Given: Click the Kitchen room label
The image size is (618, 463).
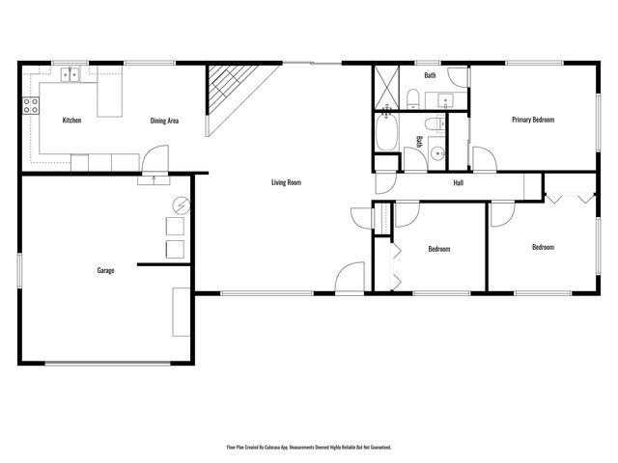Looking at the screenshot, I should pos(71,121).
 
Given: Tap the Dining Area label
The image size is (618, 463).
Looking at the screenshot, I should pos(164,121).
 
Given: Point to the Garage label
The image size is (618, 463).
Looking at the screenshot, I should pos(105,270).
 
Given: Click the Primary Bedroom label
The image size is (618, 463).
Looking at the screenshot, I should pos(533,120).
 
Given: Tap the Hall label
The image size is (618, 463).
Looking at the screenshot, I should pos(460,182).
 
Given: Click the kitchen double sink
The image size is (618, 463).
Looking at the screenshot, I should pos(70,73).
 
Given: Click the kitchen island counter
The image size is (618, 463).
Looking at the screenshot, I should pos(110,96).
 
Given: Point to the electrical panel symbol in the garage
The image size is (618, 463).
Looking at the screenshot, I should pos(181,205).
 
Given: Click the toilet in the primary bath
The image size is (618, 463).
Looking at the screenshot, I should pos(412,97).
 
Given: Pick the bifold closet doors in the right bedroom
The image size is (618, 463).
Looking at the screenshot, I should pos(568,197).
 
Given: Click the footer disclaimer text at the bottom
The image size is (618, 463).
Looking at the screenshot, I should pos(309,448).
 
